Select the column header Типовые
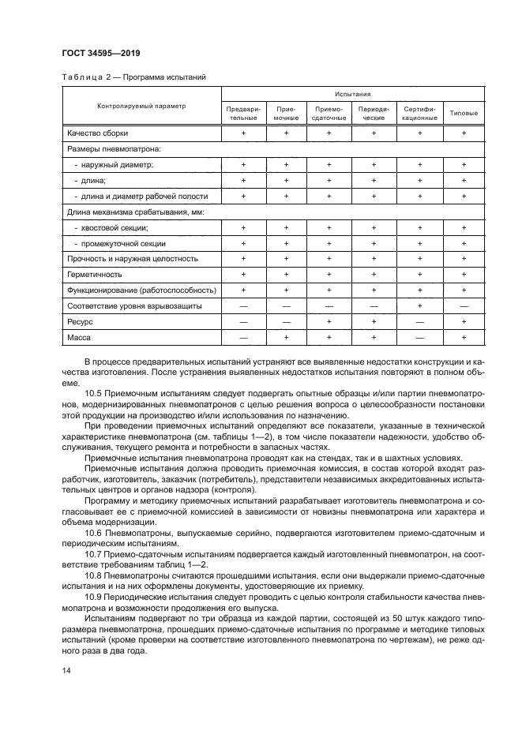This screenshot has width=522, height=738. click(x=464, y=112)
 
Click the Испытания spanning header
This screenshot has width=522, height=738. click(x=353, y=93)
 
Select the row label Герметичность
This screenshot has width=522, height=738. click(x=95, y=274)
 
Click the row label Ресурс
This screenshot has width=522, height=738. click(x=81, y=321)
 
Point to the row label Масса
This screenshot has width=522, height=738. click(x=80, y=337)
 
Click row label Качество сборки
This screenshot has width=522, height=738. click(x=97, y=133)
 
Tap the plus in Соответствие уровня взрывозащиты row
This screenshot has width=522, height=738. click(x=419, y=305)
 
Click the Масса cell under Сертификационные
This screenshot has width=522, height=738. click(x=419, y=337)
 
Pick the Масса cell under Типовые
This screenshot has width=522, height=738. click(x=464, y=337)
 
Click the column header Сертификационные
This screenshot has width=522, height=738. click(x=419, y=112)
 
